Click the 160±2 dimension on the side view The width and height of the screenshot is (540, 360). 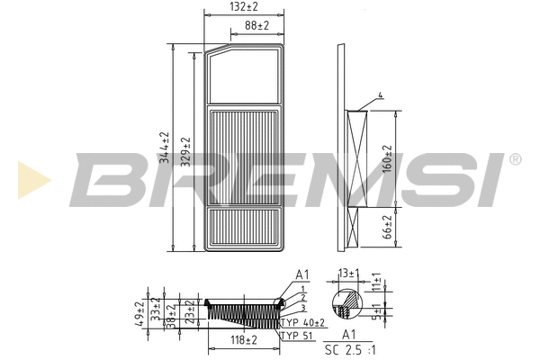click(388, 160)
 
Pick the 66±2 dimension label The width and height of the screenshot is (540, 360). click(388, 228)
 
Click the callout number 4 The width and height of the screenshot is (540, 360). click(381, 95)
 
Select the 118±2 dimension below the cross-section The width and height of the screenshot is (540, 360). click(242, 340)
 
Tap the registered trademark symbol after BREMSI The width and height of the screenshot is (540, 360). click(514, 160)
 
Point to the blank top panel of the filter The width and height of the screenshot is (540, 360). click(245, 76)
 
